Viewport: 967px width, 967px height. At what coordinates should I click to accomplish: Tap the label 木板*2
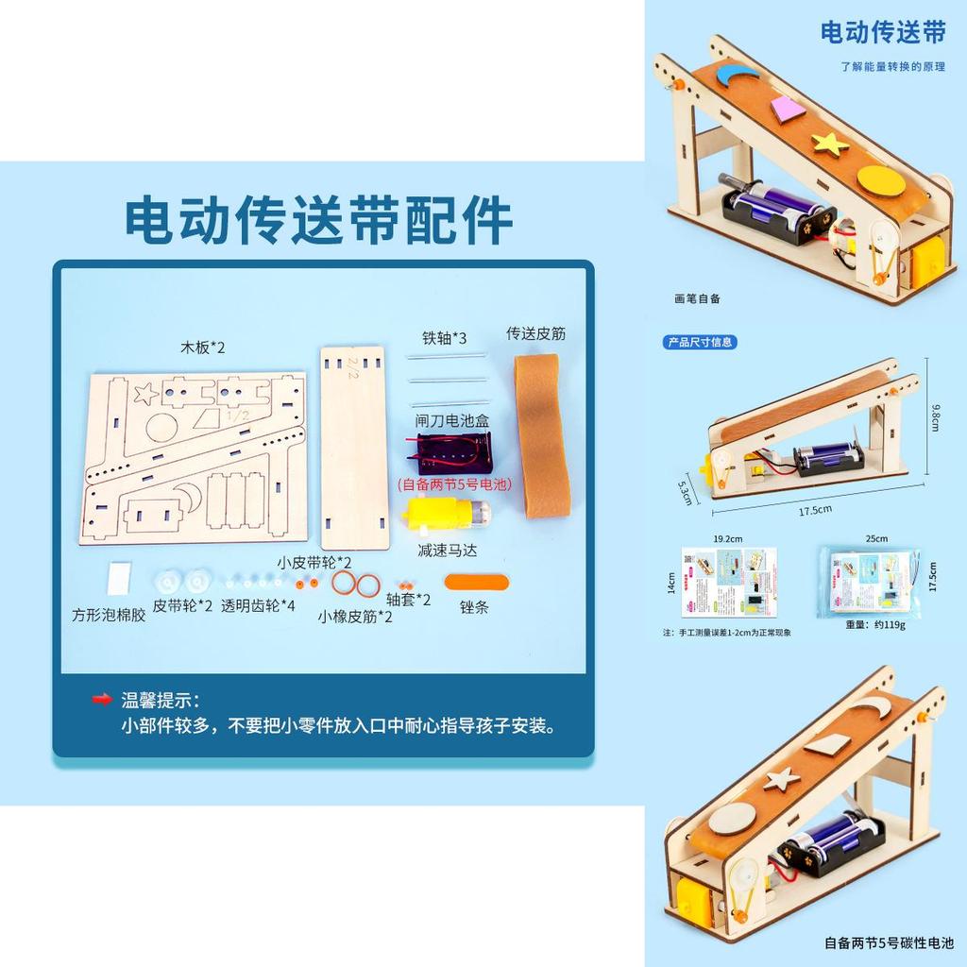click(203, 348)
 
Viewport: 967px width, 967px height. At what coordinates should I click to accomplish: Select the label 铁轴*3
click(444, 337)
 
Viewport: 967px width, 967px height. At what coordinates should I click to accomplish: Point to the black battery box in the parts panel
click(452, 453)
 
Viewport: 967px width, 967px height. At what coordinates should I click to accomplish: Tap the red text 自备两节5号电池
click(453, 485)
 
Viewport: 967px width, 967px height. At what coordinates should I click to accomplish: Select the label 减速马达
click(446, 550)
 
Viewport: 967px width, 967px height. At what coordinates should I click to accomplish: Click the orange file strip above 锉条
click(476, 582)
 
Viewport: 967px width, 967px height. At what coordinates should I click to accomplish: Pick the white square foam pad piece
click(121, 578)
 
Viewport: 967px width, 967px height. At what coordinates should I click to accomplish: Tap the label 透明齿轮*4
click(258, 606)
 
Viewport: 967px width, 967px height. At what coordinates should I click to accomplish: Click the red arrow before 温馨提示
click(102, 700)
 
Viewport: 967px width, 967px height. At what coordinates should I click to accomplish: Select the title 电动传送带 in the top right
click(882, 33)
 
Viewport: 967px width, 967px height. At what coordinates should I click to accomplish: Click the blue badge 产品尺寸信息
click(701, 342)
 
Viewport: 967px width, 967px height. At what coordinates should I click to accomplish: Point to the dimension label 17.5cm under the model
click(814, 510)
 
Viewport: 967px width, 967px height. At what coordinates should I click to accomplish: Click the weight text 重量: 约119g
click(876, 625)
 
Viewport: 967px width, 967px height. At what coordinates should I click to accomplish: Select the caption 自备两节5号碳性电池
click(889, 942)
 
